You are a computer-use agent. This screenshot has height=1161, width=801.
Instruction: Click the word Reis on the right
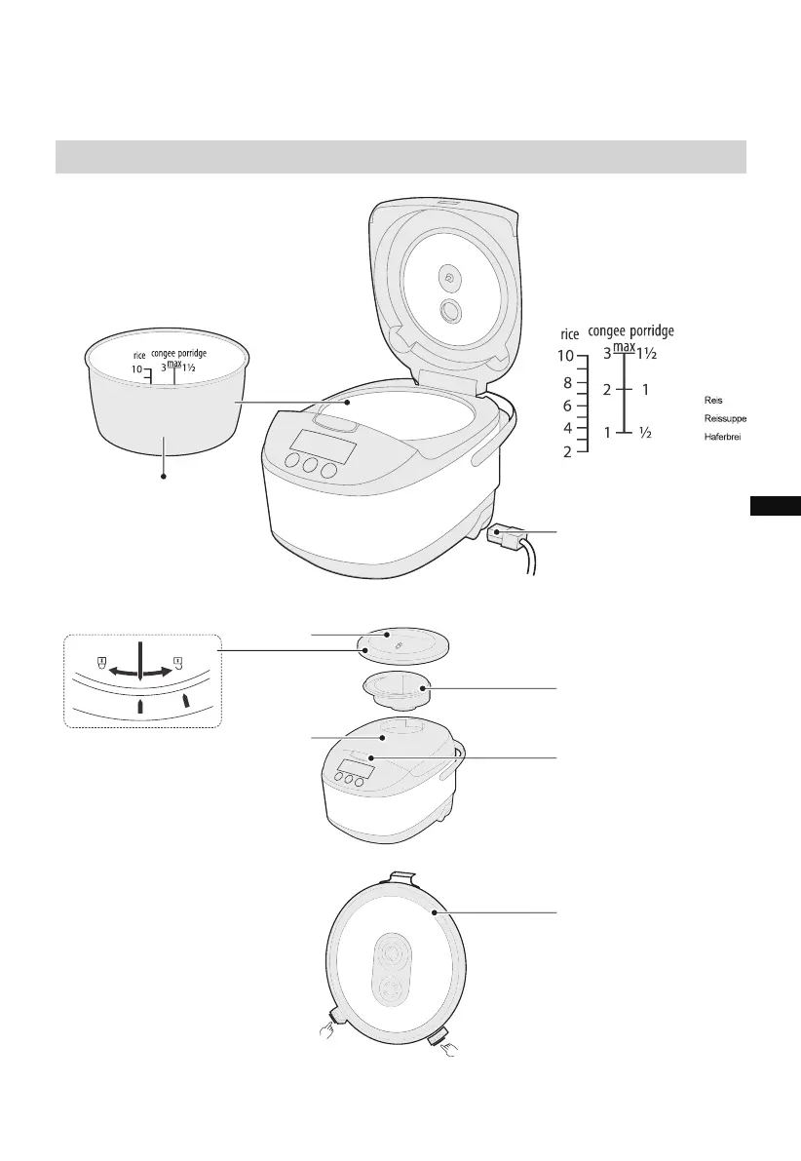pyautogui.click(x=713, y=400)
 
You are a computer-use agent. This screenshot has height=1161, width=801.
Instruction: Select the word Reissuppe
pyautogui.click(x=724, y=417)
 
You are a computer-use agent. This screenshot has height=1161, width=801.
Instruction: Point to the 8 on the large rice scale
pyautogui.click(x=567, y=383)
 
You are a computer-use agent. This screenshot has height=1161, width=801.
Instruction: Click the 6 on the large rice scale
pyautogui.click(x=567, y=406)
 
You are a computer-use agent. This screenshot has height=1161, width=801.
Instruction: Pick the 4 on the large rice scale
pyautogui.click(x=567, y=428)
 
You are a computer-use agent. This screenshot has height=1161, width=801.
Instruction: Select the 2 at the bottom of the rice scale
pyautogui.click(x=567, y=451)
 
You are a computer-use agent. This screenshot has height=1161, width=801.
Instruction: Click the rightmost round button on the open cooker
pyautogui.click(x=328, y=471)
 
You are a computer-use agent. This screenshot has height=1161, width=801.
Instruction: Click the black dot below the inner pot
pyautogui.click(x=164, y=477)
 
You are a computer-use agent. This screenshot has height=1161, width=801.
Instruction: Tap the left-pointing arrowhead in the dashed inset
pyautogui.click(x=114, y=672)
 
